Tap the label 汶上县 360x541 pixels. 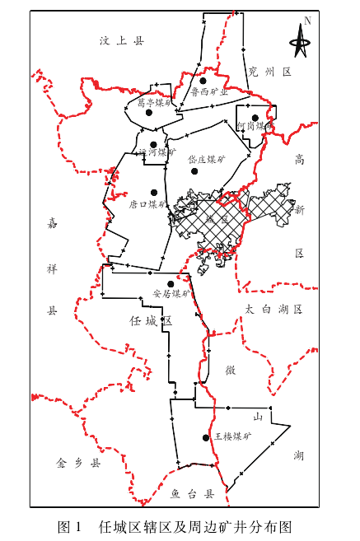[x=121, y=40]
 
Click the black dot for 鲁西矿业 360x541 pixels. [x=201, y=81]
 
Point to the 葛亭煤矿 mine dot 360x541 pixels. [x=149, y=113]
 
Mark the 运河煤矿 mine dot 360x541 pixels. [x=153, y=144]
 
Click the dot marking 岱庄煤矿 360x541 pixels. [x=194, y=170]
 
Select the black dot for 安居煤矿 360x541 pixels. [x=170, y=284]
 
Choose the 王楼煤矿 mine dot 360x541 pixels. [x=204, y=437]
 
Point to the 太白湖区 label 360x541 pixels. [x=274, y=309]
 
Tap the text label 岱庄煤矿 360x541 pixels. [x=207, y=159]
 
